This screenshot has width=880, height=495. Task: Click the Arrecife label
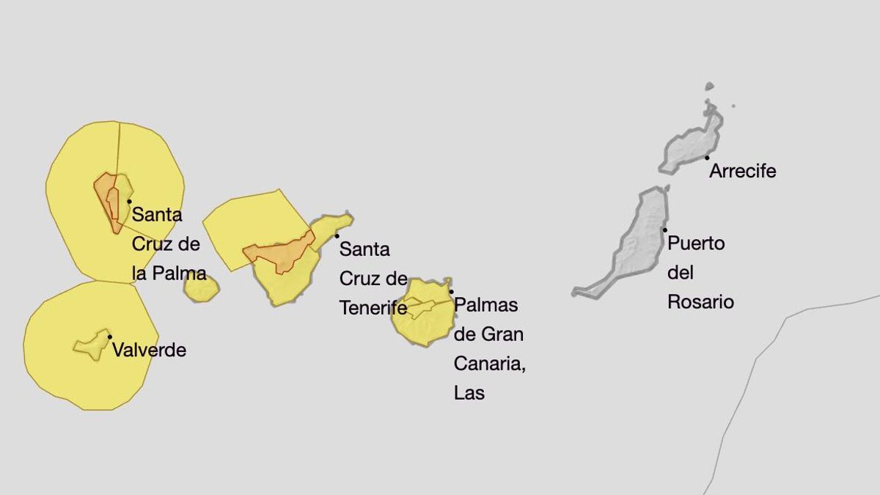pyautogui.click(x=742, y=172)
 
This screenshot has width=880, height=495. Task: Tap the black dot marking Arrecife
pyautogui.click(x=707, y=157)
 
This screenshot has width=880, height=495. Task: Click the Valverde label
pyautogui.click(x=149, y=351)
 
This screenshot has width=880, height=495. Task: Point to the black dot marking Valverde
pyautogui.click(x=110, y=337)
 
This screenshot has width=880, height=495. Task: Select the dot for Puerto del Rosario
pyautogui.click(x=665, y=230)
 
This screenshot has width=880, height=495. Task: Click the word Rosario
pyautogui.click(x=700, y=302)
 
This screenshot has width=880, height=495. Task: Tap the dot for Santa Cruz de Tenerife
pyautogui.click(x=337, y=235)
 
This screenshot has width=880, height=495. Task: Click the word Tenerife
pyautogui.click(x=373, y=308)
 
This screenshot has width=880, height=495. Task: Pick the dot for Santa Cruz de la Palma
pyautogui.click(x=129, y=201)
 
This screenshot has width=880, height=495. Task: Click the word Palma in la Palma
pyautogui.click(x=180, y=274)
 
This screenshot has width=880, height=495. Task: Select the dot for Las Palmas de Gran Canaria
pyautogui.click(x=451, y=291)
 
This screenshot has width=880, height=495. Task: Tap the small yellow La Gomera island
pyautogui.click(x=201, y=288)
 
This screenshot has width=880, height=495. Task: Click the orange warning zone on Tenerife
pyautogui.click(x=279, y=254)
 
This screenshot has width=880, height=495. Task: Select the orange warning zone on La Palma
pyautogui.click(x=107, y=198)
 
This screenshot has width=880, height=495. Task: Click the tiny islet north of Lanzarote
pyautogui.click(x=709, y=87)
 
